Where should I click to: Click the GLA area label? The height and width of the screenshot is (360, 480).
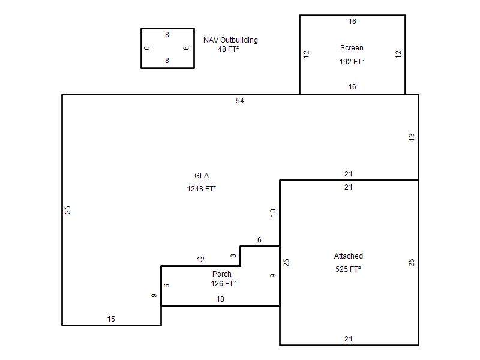click(202, 176)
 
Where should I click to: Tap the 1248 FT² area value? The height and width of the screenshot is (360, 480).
click(202, 188)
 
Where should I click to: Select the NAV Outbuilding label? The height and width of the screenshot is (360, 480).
click(230, 40)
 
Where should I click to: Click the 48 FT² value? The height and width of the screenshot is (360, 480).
click(229, 49)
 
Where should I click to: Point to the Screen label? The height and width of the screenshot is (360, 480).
click(352, 48)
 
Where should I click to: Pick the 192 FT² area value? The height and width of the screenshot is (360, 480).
click(352, 61)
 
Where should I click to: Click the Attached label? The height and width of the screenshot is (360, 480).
click(349, 256)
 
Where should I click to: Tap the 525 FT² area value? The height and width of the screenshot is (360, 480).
click(348, 269)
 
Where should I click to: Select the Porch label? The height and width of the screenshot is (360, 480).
click(222, 274)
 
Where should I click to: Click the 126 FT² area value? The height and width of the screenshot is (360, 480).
click(223, 284)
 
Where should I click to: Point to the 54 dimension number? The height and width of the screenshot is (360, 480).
click(240, 101)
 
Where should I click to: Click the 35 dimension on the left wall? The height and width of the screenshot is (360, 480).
click(68, 210)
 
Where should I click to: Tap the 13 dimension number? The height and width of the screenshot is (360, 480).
click(412, 137)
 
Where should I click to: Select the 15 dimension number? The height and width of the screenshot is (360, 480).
click(111, 319)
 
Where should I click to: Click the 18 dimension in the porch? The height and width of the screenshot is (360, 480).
click(220, 299)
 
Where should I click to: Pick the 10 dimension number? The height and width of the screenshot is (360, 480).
click(273, 212)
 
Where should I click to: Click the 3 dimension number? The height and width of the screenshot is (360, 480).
click(233, 256)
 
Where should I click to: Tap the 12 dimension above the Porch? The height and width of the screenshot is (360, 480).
click(200, 260)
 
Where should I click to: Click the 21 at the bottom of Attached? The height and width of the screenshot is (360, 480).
click(349, 339)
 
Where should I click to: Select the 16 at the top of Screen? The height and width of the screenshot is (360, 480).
click(352, 22)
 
